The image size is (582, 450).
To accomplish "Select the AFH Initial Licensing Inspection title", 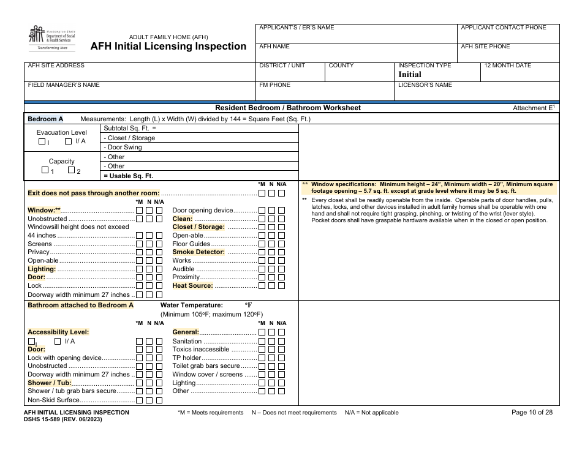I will pyautogui.click(x=168, y=47).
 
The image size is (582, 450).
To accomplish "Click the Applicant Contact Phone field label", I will pyautogui.click(x=503, y=28).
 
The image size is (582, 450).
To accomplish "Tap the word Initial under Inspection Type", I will pyautogui.click(x=410, y=74).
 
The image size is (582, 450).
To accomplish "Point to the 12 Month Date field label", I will pyautogui.click(x=507, y=66).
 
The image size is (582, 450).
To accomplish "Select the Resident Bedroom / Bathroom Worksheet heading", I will pyautogui.click(x=288, y=108).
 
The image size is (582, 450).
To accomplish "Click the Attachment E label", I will pyautogui.click(x=533, y=108).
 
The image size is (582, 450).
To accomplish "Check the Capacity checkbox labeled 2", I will pyautogui.click(x=71, y=171).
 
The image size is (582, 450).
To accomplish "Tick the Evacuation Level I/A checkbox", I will pyautogui.click(x=69, y=141).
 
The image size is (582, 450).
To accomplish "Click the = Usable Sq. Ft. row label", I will pyautogui.click(x=128, y=176).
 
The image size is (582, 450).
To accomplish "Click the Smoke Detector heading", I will pyautogui.click(x=198, y=252).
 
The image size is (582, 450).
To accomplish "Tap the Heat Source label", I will pyautogui.click(x=192, y=285).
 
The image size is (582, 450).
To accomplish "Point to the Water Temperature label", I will pyautogui.click(x=191, y=305).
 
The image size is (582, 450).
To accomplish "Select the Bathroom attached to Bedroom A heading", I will pyautogui.click(x=80, y=305).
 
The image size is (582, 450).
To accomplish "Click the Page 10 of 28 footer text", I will pyautogui.click(x=532, y=413).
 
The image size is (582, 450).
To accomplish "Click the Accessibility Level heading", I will pyautogui.click(x=58, y=332).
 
